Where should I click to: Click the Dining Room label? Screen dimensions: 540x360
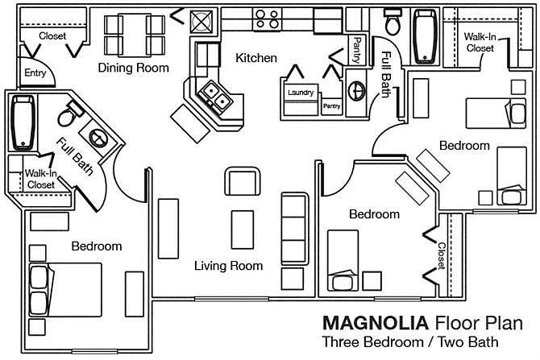click(x=134, y=68)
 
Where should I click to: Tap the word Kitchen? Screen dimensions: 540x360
click(x=256, y=58)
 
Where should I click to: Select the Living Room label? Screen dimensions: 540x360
click(x=229, y=265)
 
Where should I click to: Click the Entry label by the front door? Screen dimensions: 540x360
click(x=35, y=73)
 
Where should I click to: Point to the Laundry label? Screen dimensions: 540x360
click(x=300, y=93)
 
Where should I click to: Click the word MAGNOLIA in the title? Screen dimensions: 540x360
click(x=376, y=324)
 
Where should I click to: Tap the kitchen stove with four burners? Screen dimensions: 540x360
click(x=267, y=15)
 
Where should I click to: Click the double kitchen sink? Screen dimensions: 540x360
click(x=213, y=97)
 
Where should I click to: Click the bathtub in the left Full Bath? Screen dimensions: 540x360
click(x=23, y=123)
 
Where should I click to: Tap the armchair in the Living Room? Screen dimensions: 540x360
click(x=243, y=182)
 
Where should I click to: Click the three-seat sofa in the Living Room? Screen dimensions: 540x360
click(x=293, y=229)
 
